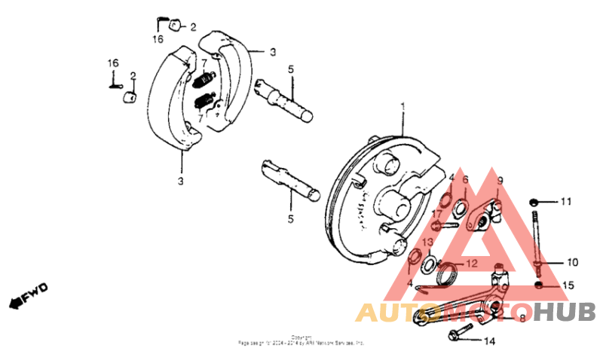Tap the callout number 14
[x=489, y=341]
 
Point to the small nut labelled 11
[x=534, y=202]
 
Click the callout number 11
[x=565, y=202]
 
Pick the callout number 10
[x=572, y=262]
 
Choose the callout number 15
[x=568, y=286]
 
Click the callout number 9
[x=499, y=180]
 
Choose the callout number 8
[x=522, y=318]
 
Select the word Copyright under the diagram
[x=301, y=337]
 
